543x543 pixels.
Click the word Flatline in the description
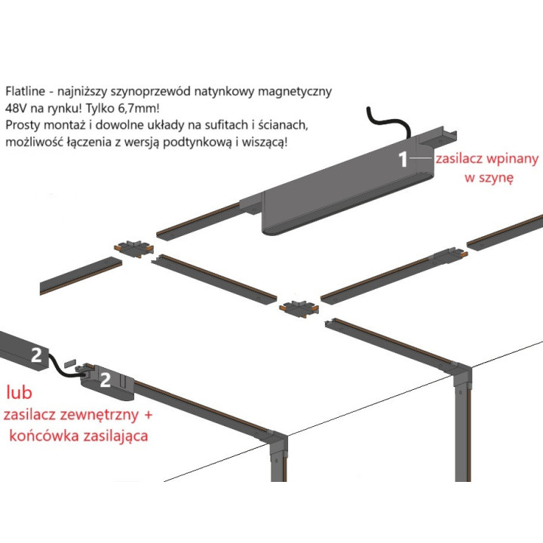coord(26,91)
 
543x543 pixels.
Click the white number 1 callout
coord(403,159)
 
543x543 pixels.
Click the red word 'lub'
coord(20,392)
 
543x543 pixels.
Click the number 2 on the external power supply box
coord(36,355)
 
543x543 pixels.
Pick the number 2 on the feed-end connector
coord(106,380)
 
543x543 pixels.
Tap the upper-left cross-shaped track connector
coord(134,248)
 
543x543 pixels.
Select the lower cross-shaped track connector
coord(299,308)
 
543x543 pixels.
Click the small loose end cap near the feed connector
coord(70,363)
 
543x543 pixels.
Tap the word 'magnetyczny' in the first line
coord(295,91)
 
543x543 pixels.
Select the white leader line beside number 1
coord(421,158)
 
